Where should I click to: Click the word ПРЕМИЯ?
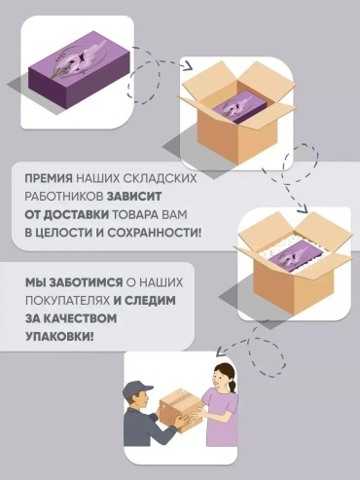tap(49, 179)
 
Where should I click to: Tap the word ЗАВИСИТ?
tap(134, 197)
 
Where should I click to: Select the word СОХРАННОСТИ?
tap(154, 233)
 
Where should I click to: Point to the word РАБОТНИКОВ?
tap(64, 197)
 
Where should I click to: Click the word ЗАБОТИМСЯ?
tap(87, 282)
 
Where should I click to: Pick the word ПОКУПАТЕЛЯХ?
tap(67, 301)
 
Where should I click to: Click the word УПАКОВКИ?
tap(59, 337)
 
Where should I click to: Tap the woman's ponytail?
tap(233, 386)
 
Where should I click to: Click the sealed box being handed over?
tap(180, 410)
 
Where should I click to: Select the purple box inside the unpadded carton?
tap(239, 106)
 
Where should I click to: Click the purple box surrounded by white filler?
tap(297, 257)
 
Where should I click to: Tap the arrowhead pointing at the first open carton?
tap(187, 66)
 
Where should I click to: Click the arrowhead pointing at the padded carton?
tap(304, 208)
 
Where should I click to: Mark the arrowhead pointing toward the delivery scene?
tap(222, 351)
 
